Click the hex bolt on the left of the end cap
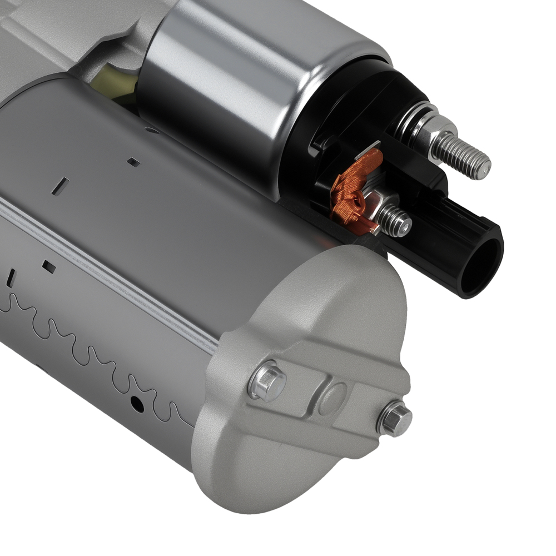click(267, 383)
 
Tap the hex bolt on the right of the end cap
click(395, 418)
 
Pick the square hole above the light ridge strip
click(132, 162)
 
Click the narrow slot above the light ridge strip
click(63, 186)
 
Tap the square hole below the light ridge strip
click(49, 266)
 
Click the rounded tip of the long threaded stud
click(485, 166)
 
